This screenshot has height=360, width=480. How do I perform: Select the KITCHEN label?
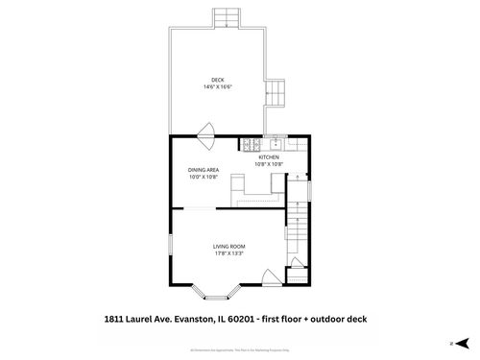coord(268,156)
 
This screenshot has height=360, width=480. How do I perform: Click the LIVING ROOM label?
coord(228,247)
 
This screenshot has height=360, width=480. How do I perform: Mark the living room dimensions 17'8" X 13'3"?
coord(228,253)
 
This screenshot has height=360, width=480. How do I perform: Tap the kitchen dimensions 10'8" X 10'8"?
coord(268,163)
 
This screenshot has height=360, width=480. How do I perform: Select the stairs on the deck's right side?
coord(276,94)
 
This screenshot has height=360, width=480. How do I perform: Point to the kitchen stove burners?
coord(249,145)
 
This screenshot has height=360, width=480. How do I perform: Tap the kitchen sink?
coord(276,145)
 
